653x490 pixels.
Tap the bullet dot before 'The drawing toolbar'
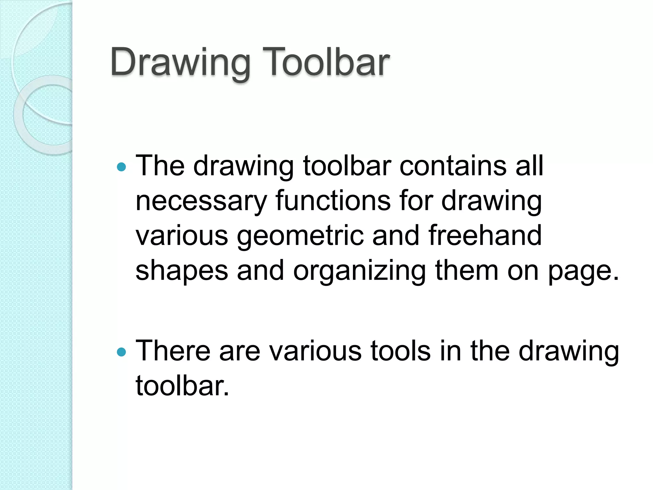point(121,167)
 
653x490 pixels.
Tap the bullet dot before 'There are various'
point(121,352)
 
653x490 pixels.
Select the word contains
point(453,166)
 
